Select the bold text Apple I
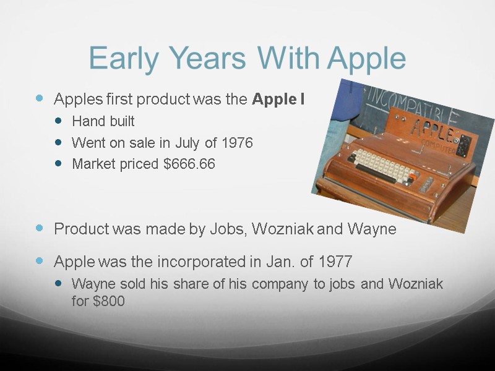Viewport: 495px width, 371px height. point(278,99)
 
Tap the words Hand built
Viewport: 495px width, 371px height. point(103,121)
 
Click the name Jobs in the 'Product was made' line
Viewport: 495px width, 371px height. point(229,229)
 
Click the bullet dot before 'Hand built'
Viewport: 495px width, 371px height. point(59,121)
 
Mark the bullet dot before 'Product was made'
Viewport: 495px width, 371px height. point(41,228)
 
